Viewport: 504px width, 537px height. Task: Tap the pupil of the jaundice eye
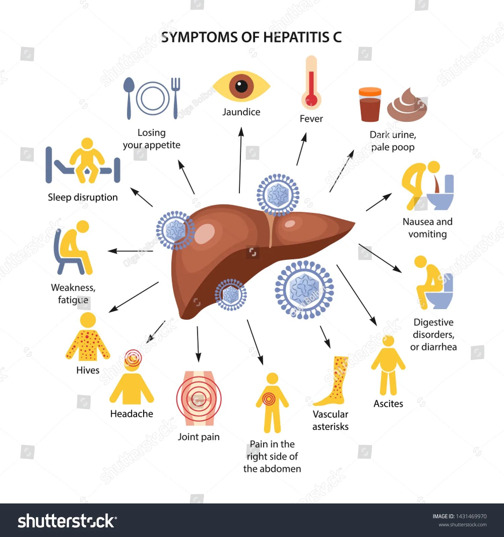coord(241,86)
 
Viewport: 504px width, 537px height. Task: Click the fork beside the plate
coord(175,98)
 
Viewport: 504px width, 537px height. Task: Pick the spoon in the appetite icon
coord(129,98)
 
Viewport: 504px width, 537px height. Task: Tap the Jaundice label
coord(241,112)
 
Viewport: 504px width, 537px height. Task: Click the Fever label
coord(311,119)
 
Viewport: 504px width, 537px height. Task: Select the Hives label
coord(88,370)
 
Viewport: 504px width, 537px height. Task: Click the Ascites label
coord(388,403)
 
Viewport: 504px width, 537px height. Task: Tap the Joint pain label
coord(199,437)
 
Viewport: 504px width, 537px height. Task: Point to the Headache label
coord(131,413)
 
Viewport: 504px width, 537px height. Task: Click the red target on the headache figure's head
coord(133,358)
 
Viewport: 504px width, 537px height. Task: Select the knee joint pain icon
coord(199,398)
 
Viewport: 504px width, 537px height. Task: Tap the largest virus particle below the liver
coord(304,289)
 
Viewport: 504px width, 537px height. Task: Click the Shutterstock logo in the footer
coord(67,521)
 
